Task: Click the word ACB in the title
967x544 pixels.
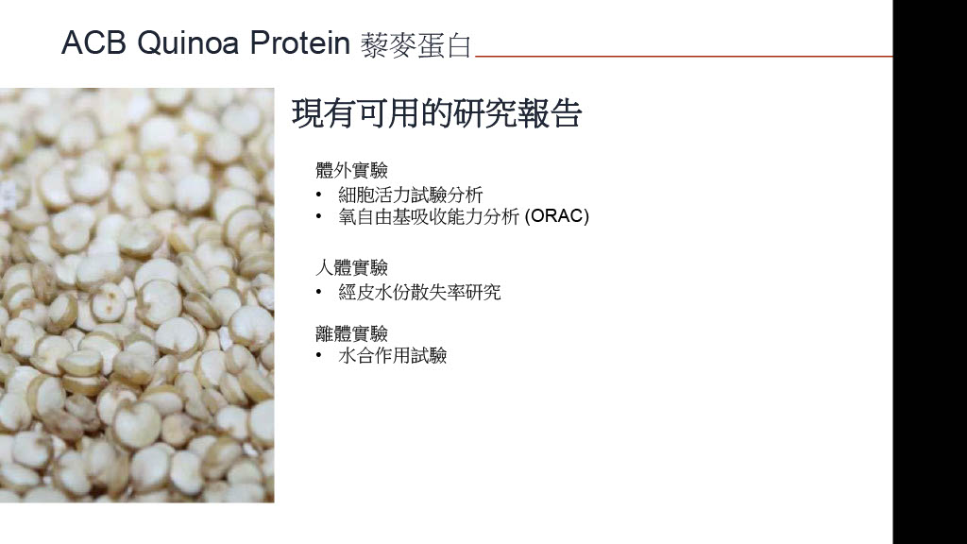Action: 93,43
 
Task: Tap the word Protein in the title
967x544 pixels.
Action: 299,43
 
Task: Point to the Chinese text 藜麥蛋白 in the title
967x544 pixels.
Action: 416,45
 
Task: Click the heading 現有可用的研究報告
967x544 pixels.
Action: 436,113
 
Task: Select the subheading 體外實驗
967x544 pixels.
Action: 351,170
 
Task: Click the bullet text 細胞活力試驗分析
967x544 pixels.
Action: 411,195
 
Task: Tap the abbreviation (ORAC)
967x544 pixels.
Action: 557,216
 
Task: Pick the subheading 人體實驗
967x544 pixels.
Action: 351,267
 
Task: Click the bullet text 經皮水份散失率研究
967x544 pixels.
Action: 419,292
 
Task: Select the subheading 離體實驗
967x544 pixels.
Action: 351,333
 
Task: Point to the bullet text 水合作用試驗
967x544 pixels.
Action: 393,355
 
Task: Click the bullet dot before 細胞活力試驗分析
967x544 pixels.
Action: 319,195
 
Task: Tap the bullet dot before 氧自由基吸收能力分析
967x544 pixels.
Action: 319,216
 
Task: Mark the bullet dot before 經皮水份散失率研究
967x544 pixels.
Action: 319,292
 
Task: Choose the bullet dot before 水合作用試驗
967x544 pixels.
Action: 319,355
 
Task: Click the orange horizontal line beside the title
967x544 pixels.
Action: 684,56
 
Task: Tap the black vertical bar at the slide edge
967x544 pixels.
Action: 930,272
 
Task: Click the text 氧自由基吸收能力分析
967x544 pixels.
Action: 430,216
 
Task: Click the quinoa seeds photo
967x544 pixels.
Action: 137,295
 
